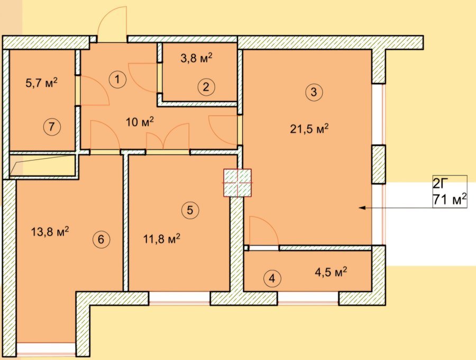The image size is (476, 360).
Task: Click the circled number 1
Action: (117, 79)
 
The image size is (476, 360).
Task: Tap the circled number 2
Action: (206, 87)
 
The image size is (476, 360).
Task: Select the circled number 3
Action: (314, 92)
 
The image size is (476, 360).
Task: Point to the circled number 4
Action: (272, 278)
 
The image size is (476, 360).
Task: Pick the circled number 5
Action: (190, 210)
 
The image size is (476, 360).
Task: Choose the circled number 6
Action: (101, 240)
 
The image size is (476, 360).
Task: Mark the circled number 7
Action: (52, 127)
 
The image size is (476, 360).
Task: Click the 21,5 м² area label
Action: (309, 129)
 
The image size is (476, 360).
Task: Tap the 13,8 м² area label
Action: (50, 231)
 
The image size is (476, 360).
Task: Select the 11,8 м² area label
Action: (162, 239)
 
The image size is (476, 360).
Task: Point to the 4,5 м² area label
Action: (331, 272)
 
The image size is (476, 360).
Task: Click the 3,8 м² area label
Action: (196, 58)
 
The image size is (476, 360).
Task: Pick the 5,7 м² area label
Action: (42, 83)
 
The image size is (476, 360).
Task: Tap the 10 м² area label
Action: (140, 122)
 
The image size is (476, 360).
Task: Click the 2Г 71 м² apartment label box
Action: (450, 192)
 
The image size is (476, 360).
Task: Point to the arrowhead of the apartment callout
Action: (361, 208)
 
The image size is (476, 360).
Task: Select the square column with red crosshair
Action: (237, 183)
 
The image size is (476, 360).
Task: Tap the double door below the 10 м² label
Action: (168, 137)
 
